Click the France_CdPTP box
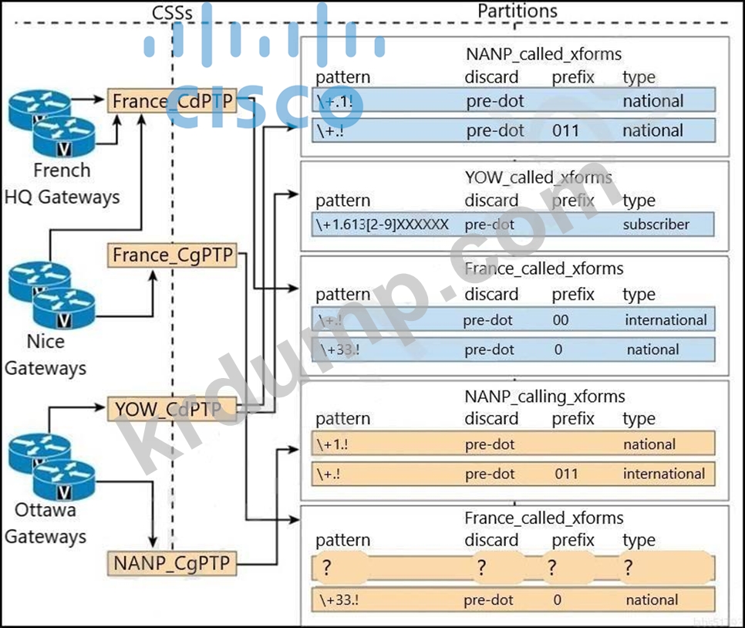pos(171,101)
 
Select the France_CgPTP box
pos(172,255)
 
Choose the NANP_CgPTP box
pos(171,564)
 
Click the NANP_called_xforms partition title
pos(543,54)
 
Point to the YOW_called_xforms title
pos(538,177)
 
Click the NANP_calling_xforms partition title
pos(544,397)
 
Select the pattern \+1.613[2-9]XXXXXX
pos(383,225)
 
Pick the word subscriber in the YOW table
pos(656,225)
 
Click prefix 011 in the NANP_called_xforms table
pos(565,130)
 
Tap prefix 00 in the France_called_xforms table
pos(561,320)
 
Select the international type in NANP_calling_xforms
pos(664,474)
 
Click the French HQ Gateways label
pos(62,184)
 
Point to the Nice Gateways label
pos(46,355)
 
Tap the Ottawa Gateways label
pos(46,523)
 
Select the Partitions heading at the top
pos(517,11)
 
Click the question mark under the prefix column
pos(552,569)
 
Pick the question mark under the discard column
pos(481,569)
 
